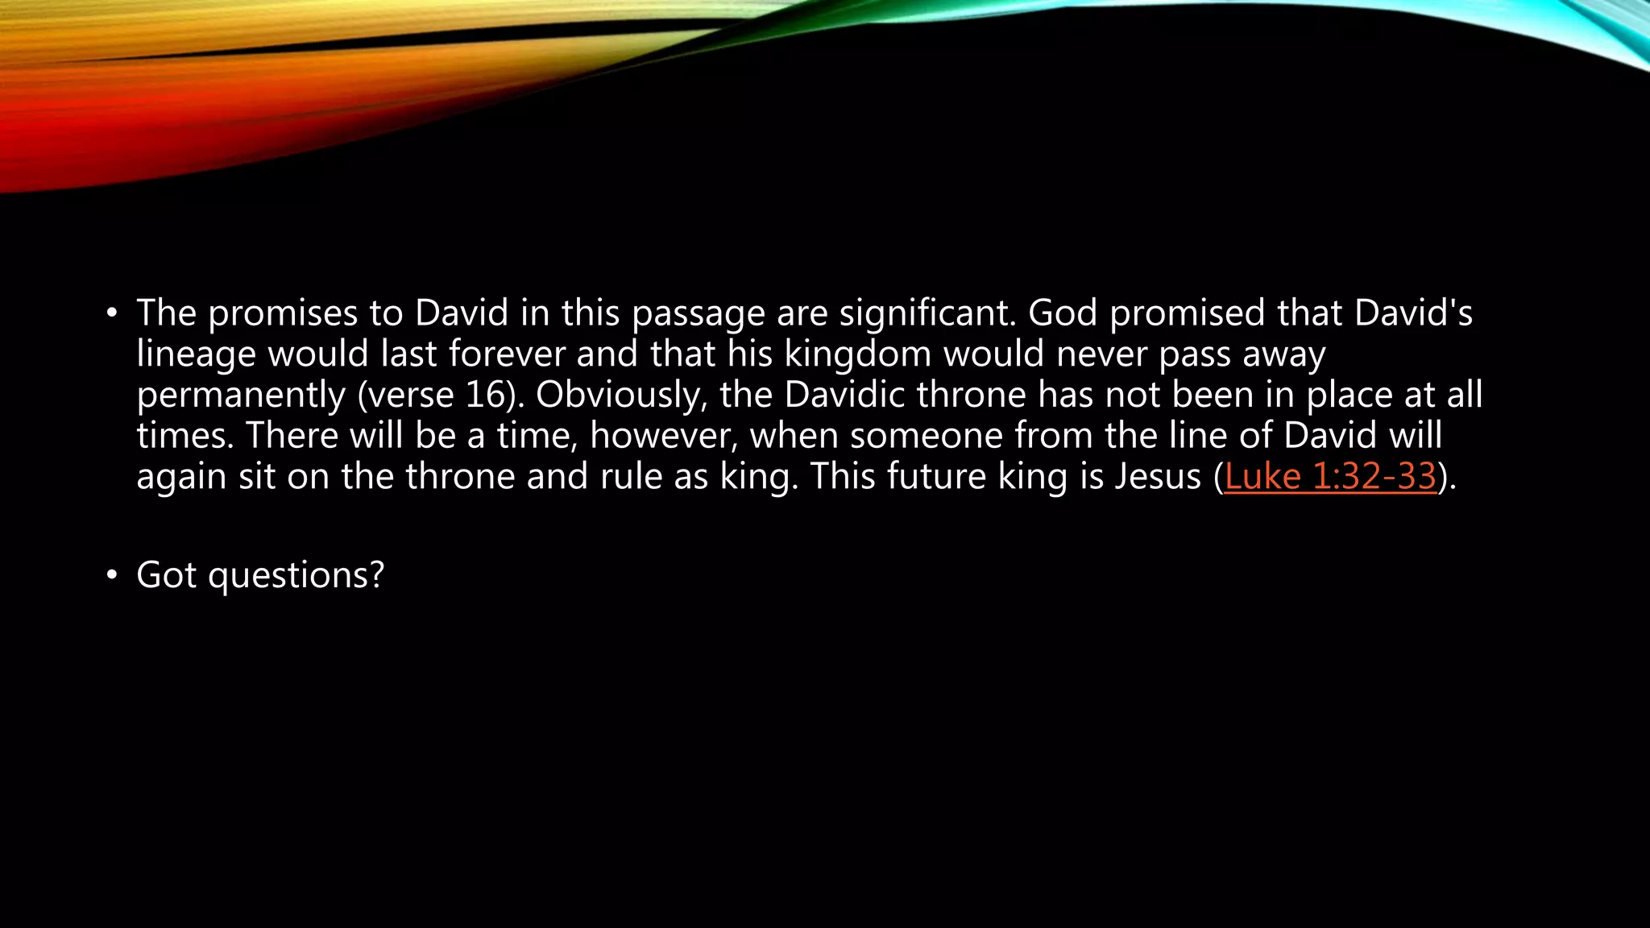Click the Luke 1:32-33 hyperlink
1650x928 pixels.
point(1330,476)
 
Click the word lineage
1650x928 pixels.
point(196,354)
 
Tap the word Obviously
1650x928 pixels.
point(621,396)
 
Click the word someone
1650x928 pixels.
point(926,436)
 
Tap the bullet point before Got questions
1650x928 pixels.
point(112,575)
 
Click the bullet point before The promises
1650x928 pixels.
point(112,313)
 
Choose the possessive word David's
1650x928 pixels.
point(1413,313)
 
